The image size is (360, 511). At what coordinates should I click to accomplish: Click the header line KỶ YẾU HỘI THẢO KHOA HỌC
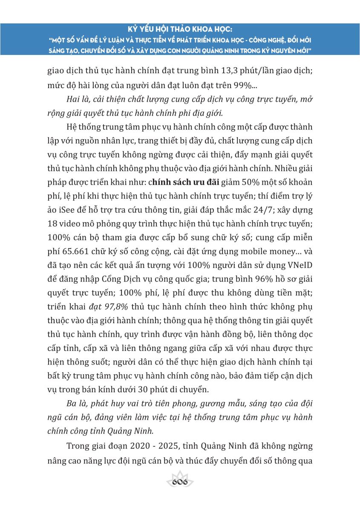tap(180, 31)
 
